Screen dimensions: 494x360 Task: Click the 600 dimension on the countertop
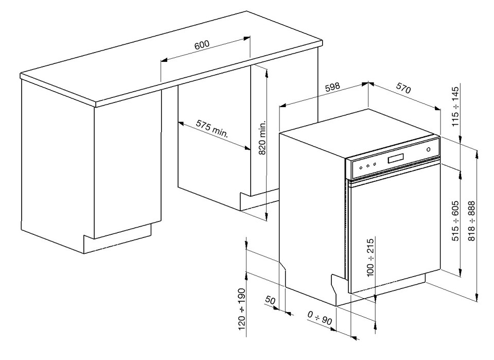tap(202, 44)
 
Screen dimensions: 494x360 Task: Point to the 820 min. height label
tap(262, 138)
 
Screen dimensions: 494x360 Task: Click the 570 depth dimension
tap(403, 88)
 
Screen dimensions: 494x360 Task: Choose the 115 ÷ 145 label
tap(455, 107)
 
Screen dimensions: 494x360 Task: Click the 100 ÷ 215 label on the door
tap(370, 258)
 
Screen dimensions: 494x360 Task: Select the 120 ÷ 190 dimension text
tap(242, 309)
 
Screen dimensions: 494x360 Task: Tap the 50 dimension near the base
tap(270, 300)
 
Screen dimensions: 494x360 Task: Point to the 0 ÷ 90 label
tap(320, 318)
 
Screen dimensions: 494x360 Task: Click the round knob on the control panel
tap(429, 149)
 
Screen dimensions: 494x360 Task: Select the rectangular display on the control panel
tap(396, 158)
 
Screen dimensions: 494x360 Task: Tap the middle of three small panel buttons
tap(368, 165)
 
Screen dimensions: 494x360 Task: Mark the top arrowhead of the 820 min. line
tap(267, 74)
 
